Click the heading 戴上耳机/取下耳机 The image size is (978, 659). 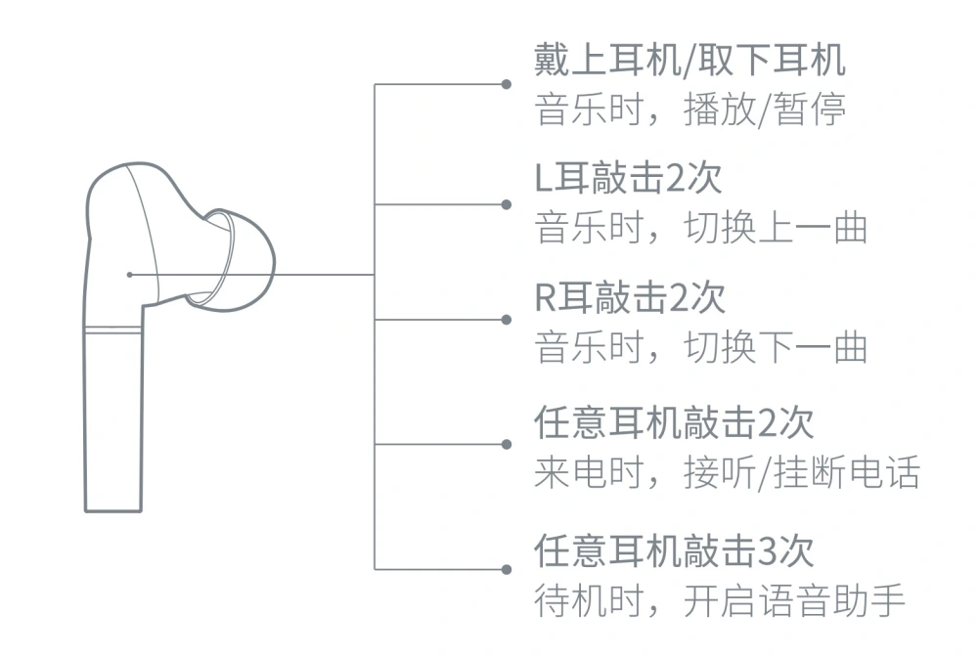pos(689,60)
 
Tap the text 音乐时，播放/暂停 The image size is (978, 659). pos(689,110)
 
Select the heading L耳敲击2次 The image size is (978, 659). pos(629,178)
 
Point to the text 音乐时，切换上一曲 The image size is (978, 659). pos(701,228)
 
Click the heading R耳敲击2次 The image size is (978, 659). pos(630,297)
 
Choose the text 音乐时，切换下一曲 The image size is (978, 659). pos(701,347)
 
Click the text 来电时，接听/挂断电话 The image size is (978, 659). pos(728,472)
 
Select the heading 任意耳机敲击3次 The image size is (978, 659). pos(674,550)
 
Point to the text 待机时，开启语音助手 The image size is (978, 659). pos(720,600)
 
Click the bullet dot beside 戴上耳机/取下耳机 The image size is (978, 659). pos(507,84)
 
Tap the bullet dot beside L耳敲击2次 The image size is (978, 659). pos(507,204)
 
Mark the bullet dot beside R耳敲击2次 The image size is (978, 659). pos(507,320)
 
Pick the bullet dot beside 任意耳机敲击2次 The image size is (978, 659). pos(507,445)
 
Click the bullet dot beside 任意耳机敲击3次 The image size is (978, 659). pos(507,569)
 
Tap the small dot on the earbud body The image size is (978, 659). pos(129,275)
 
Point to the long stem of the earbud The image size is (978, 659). pos(113,419)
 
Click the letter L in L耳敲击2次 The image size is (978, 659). pos(543,178)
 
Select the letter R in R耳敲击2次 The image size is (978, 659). pos(545,297)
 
